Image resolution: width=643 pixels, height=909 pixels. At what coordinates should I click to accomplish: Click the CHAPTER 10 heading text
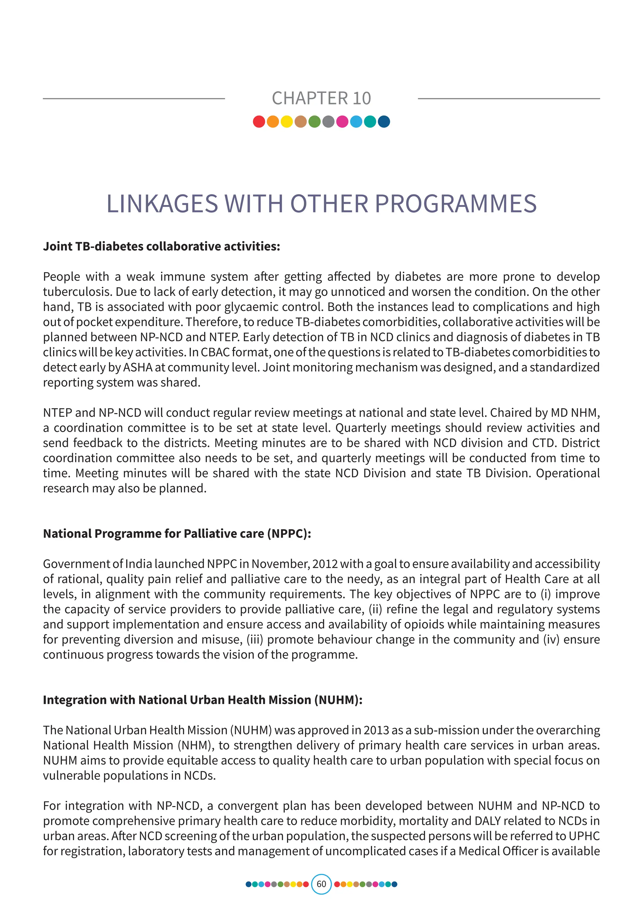click(321, 98)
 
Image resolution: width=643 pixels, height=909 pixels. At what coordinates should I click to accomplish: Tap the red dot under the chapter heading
click(259, 121)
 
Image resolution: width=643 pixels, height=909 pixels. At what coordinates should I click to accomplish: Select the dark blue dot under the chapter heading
click(384, 121)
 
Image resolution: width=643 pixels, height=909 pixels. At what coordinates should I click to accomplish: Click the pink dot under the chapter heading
click(342, 121)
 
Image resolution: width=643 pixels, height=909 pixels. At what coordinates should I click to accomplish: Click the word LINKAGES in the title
click(162, 204)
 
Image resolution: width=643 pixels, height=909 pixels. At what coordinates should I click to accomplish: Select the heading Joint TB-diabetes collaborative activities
click(162, 246)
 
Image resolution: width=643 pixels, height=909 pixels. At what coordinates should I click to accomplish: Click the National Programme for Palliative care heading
click(177, 534)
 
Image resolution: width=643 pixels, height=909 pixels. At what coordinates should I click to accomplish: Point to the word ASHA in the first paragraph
click(138, 368)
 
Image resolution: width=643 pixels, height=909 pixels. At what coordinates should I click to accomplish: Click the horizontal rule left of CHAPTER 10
click(134, 99)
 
